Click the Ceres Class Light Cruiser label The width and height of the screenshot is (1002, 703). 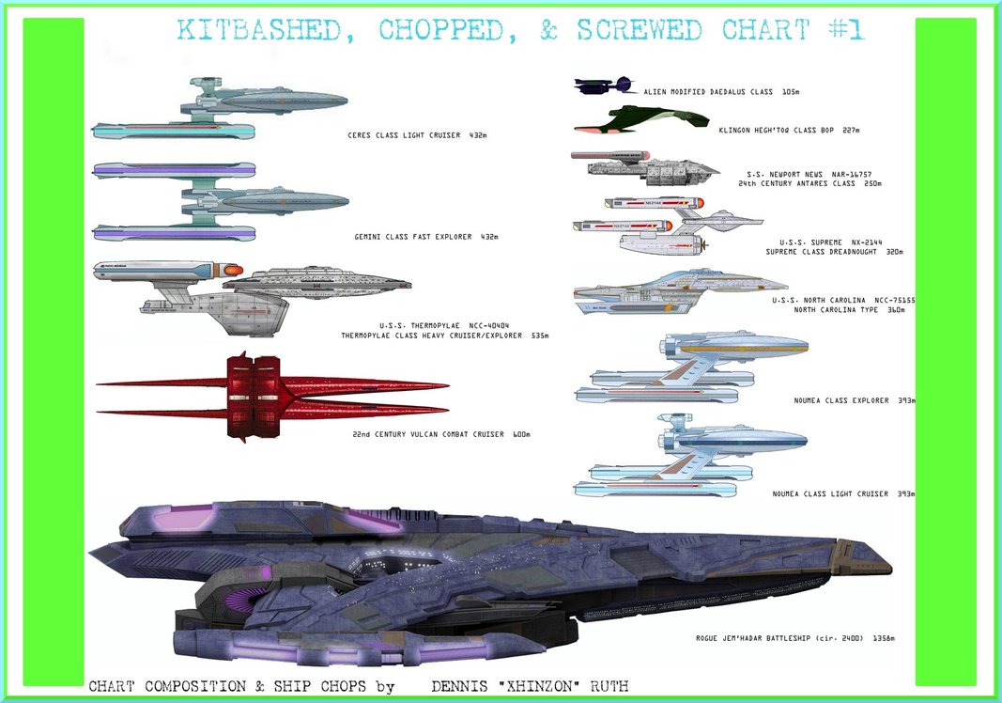[x=417, y=135]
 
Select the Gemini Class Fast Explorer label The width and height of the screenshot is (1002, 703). [x=425, y=237]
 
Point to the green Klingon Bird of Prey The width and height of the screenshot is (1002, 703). [x=642, y=118]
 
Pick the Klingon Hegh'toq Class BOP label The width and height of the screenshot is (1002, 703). [x=788, y=130]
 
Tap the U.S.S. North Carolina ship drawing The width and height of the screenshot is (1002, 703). [x=680, y=291]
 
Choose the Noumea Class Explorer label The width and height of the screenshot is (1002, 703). [x=840, y=400]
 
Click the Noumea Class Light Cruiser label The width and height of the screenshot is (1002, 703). [x=843, y=493]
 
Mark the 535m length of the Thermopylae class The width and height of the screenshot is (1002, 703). [x=539, y=336]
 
